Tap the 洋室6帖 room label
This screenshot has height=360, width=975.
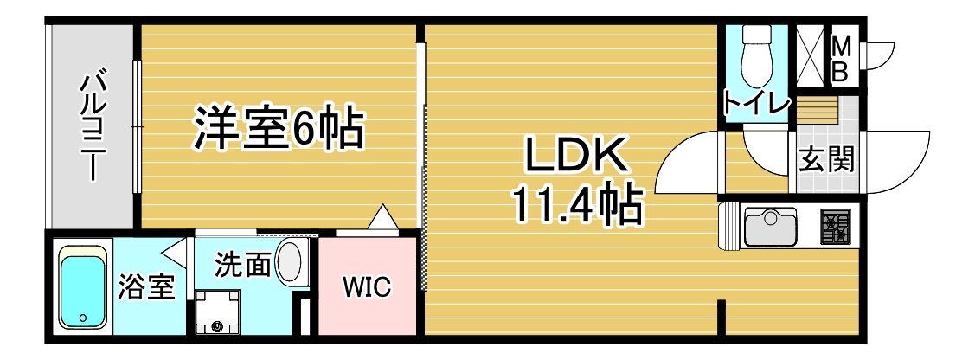[x=276, y=129]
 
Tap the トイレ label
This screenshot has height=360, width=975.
[x=757, y=105]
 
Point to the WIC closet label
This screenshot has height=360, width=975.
[x=367, y=286]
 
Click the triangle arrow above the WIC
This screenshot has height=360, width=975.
[x=382, y=217]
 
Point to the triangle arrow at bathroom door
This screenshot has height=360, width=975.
[x=174, y=254]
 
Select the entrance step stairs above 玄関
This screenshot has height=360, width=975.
[x=818, y=112]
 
